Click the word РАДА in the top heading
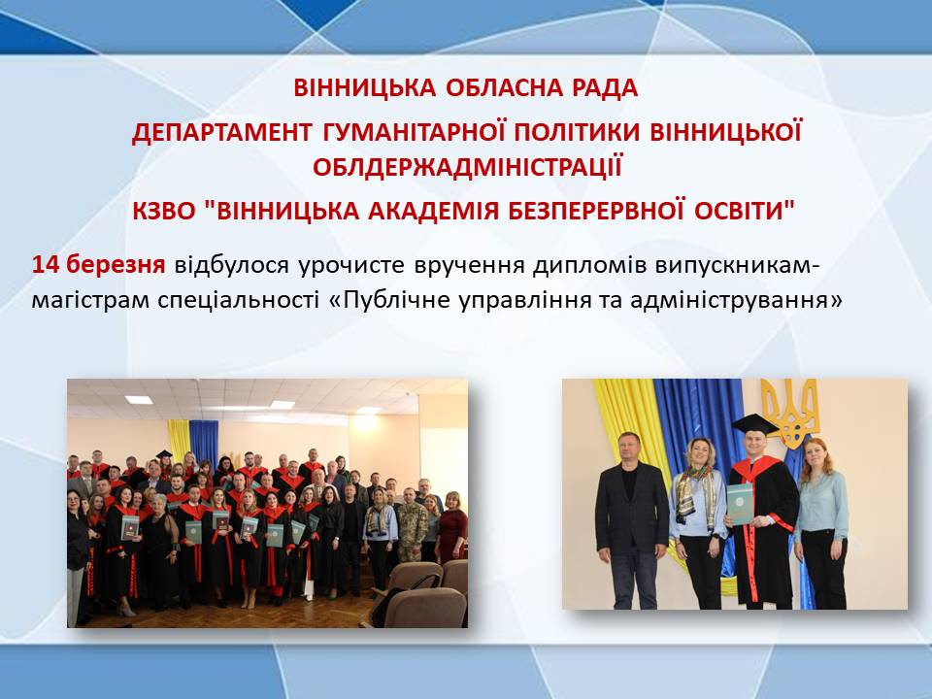click(605, 88)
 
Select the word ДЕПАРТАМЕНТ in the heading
click(221, 132)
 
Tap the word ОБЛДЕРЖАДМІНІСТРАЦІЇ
click(467, 167)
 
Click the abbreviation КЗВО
click(163, 211)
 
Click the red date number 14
click(46, 264)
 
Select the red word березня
click(116, 264)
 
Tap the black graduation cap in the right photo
click(754, 425)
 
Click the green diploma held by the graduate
click(740, 504)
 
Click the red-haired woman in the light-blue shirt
click(821, 523)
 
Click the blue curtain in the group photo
click(204, 443)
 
